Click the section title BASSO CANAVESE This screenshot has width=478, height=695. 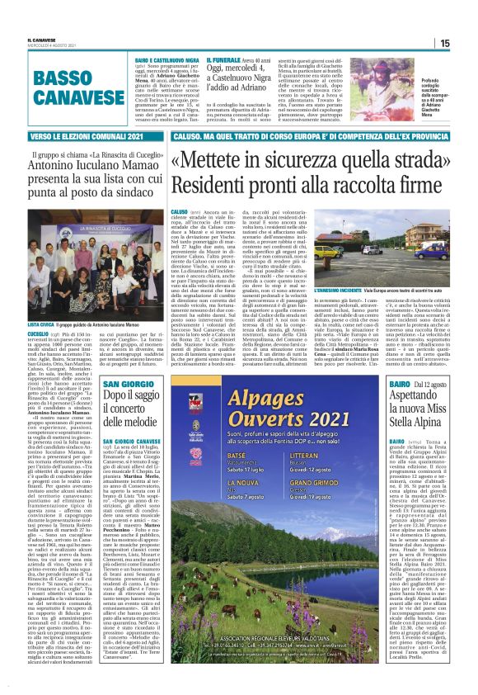point(73,86)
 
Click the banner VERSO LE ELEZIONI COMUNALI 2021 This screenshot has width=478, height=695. point(75,135)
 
